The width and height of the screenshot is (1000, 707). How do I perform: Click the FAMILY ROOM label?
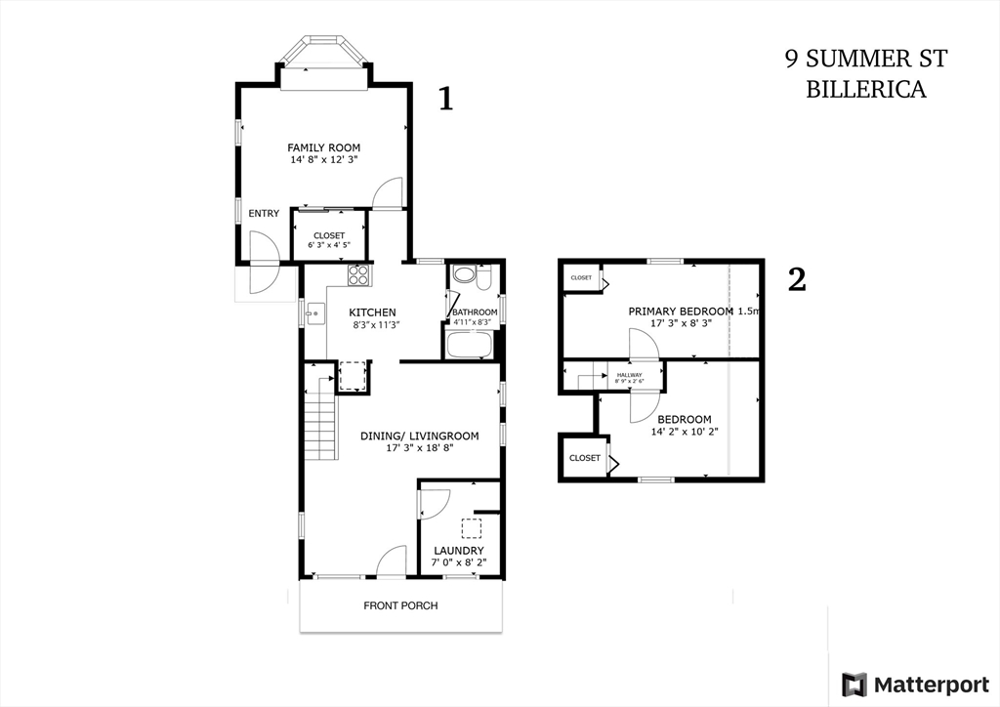pyautogui.click(x=323, y=147)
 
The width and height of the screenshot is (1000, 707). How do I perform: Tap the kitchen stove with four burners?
pyautogui.click(x=358, y=274)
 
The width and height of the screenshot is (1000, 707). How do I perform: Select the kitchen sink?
pyautogui.click(x=315, y=313)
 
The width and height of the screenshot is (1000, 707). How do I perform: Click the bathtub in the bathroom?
pyautogui.click(x=469, y=345)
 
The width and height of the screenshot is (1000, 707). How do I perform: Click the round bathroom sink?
pyautogui.click(x=463, y=275)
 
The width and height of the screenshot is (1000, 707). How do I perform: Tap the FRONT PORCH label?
pyautogui.click(x=400, y=605)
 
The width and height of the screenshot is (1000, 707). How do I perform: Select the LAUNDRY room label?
pyautogui.click(x=459, y=551)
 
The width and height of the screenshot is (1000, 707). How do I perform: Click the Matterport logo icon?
pyautogui.click(x=854, y=685)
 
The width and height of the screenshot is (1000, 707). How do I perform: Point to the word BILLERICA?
pyautogui.click(x=866, y=89)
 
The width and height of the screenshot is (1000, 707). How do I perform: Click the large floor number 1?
pyautogui.click(x=445, y=99)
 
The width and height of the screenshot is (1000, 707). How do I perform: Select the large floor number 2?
pyautogui.click(x=797, y=279)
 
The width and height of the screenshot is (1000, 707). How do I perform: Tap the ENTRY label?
pyautogui.click(x=264, y=214)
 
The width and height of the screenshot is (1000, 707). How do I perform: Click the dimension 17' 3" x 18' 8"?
pyautogui.click(x=420, y=448)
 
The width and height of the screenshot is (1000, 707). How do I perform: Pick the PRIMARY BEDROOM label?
pyautogui.click(x=681, y=312)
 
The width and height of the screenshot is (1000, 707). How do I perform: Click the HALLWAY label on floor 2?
pyautogui.click(x=630, y=375)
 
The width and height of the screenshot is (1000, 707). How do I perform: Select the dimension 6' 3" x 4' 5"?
pyautogui.click(x=329, y=245)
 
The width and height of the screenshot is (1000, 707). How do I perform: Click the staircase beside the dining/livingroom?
pyautogui.click(x=320, y=414)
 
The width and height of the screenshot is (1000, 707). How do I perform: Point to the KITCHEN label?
pyautogui.click(x=372, y=312)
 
